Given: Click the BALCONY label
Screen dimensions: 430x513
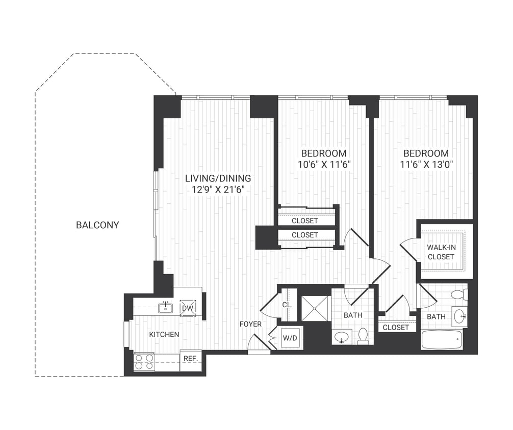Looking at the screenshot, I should (x=97, y=225).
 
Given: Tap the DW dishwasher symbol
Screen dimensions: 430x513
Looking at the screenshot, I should (x=187, y=308).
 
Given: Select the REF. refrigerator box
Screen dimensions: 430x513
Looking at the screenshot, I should (x=191, y=359).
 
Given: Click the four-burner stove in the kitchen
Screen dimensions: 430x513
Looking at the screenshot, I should (x=144, y=362).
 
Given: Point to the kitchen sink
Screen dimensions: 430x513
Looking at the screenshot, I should (x=165, y=307).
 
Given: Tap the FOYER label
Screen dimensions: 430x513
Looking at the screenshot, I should (x=250, y=324).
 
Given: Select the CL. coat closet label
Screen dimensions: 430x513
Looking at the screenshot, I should (x=287, y=305).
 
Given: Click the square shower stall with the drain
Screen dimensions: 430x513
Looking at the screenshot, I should (x=316, y=308).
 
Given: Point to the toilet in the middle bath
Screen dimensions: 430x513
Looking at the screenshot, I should (x=363, y=336).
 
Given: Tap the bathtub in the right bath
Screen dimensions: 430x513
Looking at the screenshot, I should (x=442, y=339).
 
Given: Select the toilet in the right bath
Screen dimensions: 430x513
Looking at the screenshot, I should (x=459, y=294).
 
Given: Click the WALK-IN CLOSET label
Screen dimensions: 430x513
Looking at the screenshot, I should (x=441, y=252).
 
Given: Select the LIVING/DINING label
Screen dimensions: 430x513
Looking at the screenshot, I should (x=218, y=178).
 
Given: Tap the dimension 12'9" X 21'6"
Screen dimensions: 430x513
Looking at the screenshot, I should (x=218, y=190).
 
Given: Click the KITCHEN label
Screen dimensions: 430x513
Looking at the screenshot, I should (x=164, y=334).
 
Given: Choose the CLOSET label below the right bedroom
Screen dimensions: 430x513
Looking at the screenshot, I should (x=396, y=328).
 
